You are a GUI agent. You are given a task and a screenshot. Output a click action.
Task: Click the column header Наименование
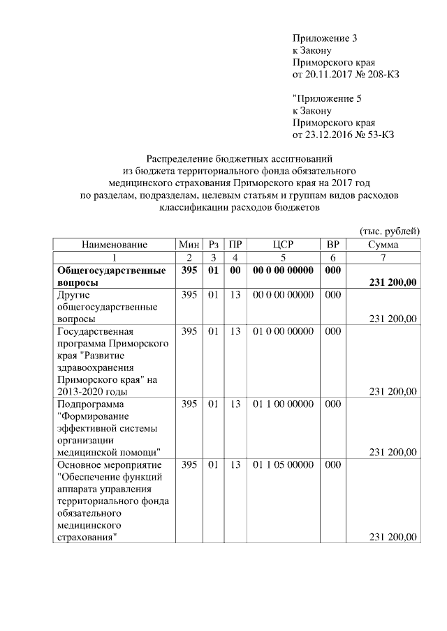[x=114, y=245]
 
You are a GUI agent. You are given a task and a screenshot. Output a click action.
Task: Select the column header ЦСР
[x=282, y=245]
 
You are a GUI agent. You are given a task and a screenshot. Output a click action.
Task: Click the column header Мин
[x=189, y=245]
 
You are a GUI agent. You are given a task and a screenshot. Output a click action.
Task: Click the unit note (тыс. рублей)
[x=389, y=231]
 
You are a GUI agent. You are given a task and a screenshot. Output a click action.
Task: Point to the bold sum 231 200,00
[x=388, y=282]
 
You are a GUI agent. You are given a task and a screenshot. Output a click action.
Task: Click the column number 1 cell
[x=114, y=257]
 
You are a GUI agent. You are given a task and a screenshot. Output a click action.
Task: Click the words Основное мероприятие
[x=108, y=464]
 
